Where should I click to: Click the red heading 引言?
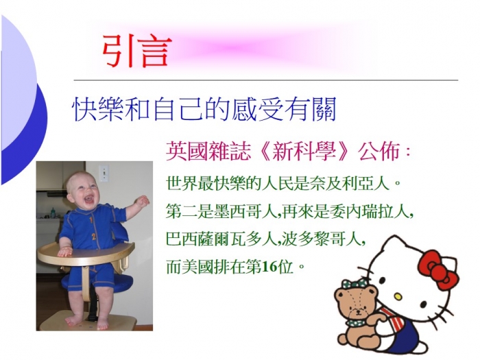click(x=137, y=51)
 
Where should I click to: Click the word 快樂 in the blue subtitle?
click(x=97, y=109)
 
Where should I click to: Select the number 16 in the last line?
click(x=269, y=267)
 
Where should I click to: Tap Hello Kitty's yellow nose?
click(x=397, y=296)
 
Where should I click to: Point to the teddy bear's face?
click(x=356, y=303)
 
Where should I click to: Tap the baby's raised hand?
click(x=142, y=201)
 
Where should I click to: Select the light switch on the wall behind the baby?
click(x=104, y=173)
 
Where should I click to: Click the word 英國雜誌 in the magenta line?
click(x=208, y=152)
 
